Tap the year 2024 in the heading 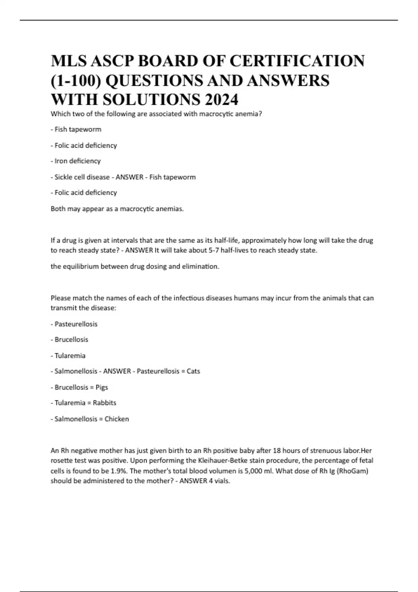coord(221,100)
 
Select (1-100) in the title coord(76,81)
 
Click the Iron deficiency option coord(77,161)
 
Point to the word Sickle coord(63,177)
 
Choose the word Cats coord(193,371)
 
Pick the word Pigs coord(102,387)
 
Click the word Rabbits coord(104,403)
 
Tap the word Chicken coord(117,419)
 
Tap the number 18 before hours coord(277,451)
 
